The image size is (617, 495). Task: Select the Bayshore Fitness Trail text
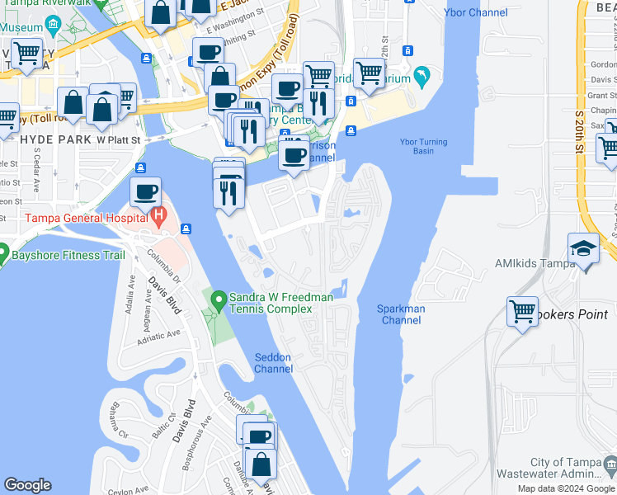point(68,256)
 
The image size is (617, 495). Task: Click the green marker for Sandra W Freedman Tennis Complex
point(219,298)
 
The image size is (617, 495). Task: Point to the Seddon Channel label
point(273,363)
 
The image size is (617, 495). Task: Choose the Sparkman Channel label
point(401,314)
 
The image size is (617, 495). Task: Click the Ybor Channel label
point(476,12)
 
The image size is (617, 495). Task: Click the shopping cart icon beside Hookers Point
point(522,312)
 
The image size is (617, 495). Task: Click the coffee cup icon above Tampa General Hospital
point(145,192)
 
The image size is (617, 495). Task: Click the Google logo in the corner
point(27,485)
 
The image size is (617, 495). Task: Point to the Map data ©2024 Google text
point(565,488)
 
